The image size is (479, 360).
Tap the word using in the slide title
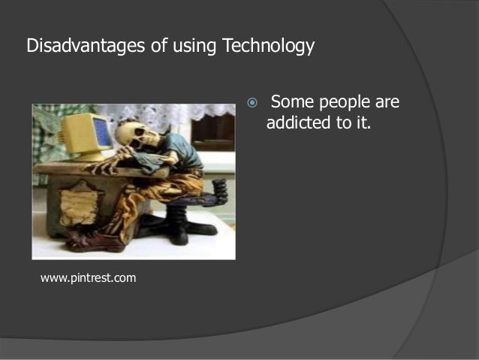[193, 47]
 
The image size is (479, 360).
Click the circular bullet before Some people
[252, 102]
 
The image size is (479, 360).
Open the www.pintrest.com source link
[88, 278]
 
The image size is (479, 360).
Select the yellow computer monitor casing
[78, 135]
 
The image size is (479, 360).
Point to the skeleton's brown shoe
[93, 242]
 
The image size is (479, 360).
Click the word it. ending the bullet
[363, 123]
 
